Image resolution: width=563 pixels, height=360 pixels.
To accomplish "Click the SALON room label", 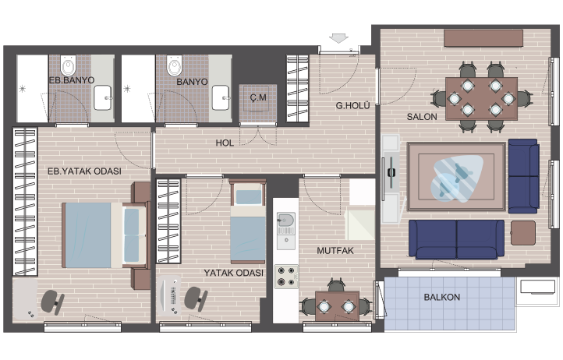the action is (422, 117).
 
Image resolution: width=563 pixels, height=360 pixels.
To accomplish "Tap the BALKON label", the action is (441, 297).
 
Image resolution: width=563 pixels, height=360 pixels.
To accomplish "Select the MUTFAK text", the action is (335, 251).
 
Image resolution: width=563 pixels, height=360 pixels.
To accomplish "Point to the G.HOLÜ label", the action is (352, 105).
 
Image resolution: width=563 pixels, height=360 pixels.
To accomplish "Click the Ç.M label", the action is (258, 97).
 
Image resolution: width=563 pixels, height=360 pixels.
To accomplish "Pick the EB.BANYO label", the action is (72, 80).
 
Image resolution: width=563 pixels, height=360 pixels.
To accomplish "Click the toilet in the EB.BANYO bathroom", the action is (68, 65).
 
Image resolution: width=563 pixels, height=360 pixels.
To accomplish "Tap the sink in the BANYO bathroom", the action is (221, 97).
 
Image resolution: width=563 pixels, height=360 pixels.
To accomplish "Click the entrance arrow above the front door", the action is (338, 38).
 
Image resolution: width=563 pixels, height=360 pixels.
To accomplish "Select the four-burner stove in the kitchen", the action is (286, 277).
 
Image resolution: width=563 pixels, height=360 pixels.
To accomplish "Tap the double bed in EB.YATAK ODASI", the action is (105, 235).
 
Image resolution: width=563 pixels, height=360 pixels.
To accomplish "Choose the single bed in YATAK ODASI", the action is (248, 221).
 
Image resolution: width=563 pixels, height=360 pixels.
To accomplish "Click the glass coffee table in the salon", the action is (457, 178).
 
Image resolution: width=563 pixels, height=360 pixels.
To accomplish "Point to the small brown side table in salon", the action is (522, 233).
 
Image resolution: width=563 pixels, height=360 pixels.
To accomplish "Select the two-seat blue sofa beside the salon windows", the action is (523, 176).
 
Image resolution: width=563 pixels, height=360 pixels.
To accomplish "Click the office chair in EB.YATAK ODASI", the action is (52, 302).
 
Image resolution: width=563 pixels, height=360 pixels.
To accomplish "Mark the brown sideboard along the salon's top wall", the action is (483, 38).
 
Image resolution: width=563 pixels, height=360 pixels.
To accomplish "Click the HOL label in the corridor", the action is (225, 143).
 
